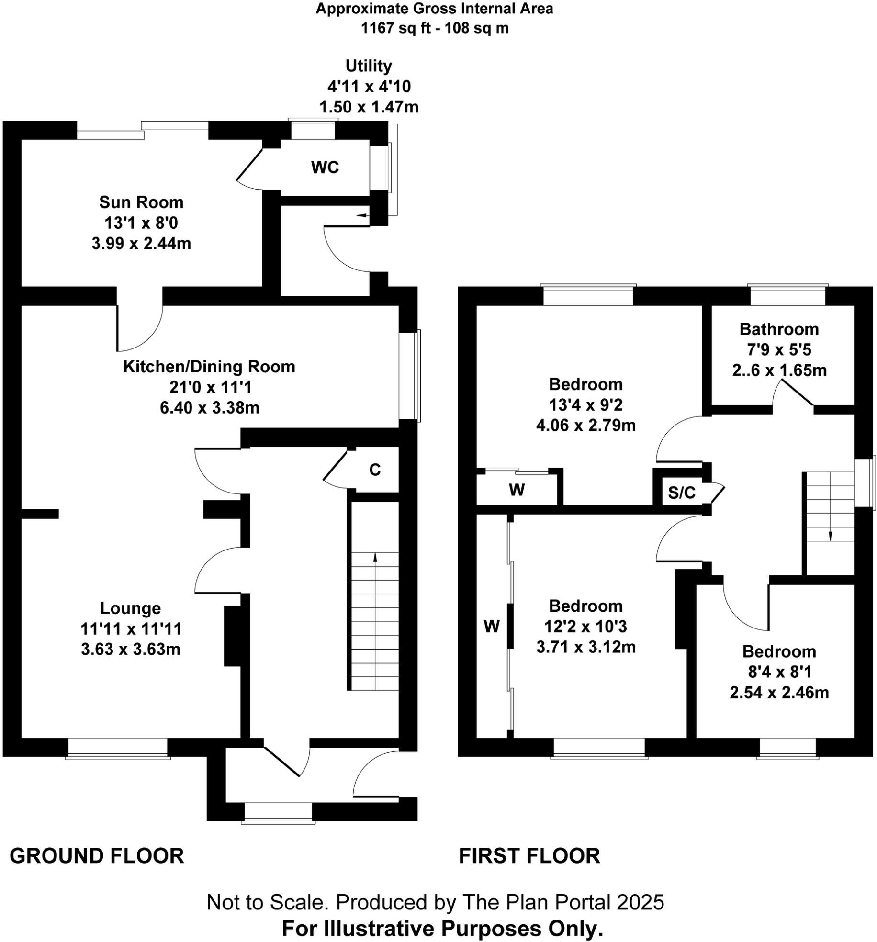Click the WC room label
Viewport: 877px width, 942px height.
[x=325, y=168]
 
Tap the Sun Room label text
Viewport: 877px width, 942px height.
[x=141, y=202]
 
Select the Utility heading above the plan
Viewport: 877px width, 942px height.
[x=369, y=66]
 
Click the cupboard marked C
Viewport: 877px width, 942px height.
[x=375, y=470]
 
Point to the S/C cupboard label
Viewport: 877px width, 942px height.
[x=681, y=493]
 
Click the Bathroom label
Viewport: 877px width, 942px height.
[x=779, y=329]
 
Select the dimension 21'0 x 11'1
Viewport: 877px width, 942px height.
[x=209, y=387]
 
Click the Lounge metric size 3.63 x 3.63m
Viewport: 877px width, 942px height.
[x=131, y=650]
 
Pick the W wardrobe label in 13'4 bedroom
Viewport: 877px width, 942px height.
[x=517, y=490]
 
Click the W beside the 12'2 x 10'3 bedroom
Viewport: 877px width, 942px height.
[x=492, y=626]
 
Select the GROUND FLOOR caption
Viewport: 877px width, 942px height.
[x=97, y=855]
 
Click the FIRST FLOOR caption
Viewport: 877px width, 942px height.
[x=529, y=855]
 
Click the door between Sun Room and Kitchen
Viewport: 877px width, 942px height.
[x=140, y=325]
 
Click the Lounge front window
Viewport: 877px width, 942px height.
[x=118, y=747]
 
